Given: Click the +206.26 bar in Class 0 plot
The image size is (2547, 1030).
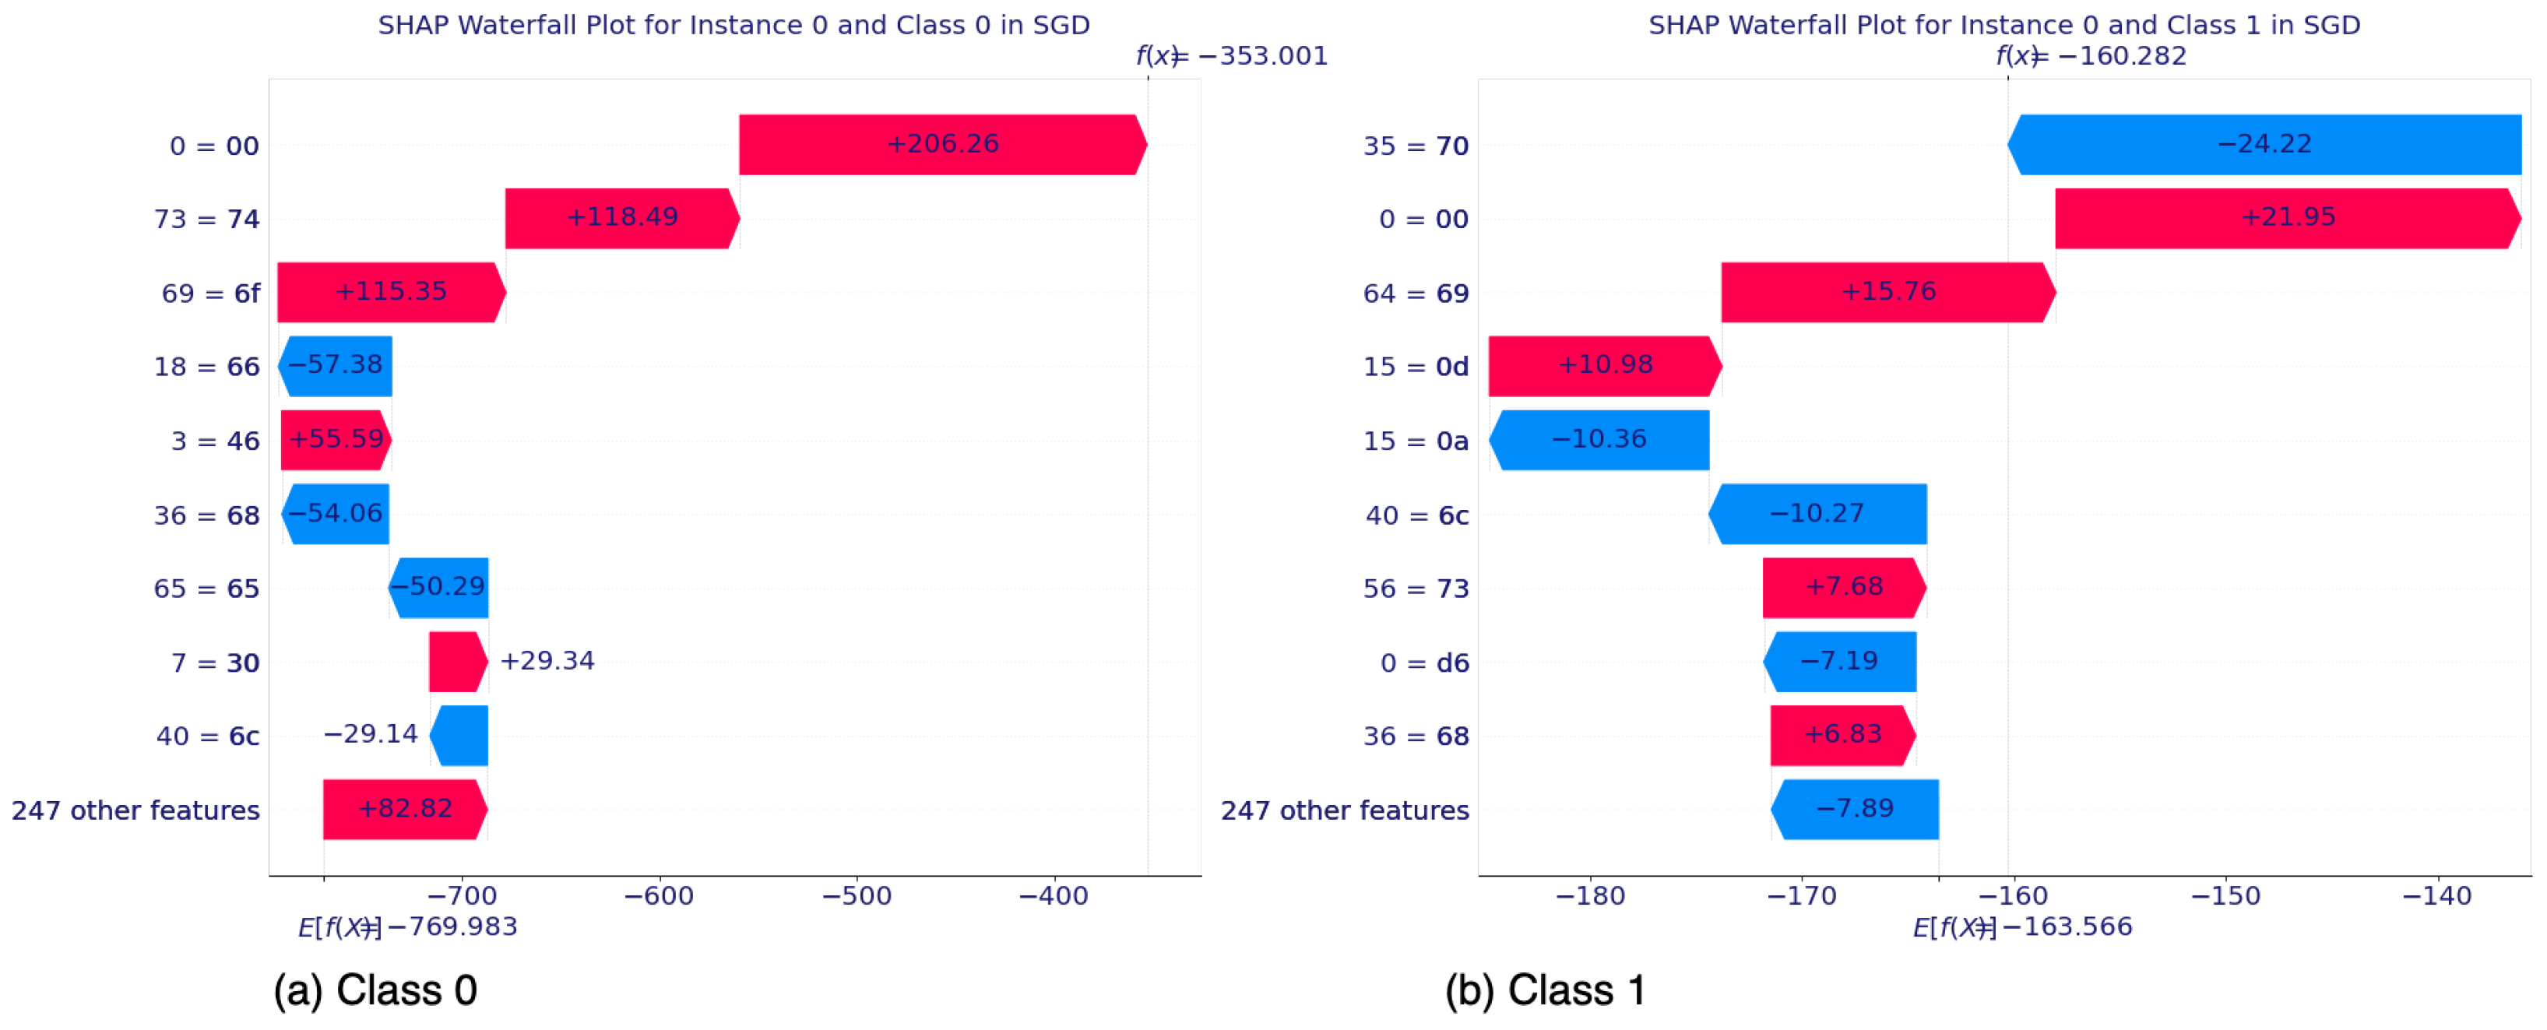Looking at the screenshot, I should point(941,144).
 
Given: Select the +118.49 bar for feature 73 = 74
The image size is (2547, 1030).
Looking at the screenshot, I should point(621,217).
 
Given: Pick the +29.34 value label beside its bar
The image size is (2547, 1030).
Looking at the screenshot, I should point(547,660).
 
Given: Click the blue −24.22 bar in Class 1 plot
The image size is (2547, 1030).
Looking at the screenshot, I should point(2264,144).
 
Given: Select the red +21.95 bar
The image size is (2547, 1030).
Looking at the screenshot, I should point(2286,217).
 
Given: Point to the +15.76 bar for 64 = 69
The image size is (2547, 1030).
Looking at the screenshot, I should point(1887,292).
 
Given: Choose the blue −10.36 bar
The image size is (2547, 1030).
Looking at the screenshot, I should point(1598,439).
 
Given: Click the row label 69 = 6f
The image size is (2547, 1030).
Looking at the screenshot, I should point(209,294).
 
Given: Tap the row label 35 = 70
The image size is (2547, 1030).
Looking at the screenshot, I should point(1415,146).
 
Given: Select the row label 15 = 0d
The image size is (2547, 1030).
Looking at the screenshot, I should point(1415,367).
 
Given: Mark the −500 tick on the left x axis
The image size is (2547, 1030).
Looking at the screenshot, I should point(857,895).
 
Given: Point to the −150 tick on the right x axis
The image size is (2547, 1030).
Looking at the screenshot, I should point(2225,895).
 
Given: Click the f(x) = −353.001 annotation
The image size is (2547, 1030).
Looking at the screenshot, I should point(1231,55).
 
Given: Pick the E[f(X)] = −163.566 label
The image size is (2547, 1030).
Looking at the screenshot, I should point(2022,926).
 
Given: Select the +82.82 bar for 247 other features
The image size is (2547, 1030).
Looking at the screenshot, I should point(404,809).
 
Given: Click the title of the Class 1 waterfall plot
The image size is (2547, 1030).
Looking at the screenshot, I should point(2003,25).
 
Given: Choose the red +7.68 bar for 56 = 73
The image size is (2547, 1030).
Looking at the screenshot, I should point(1843,587).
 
